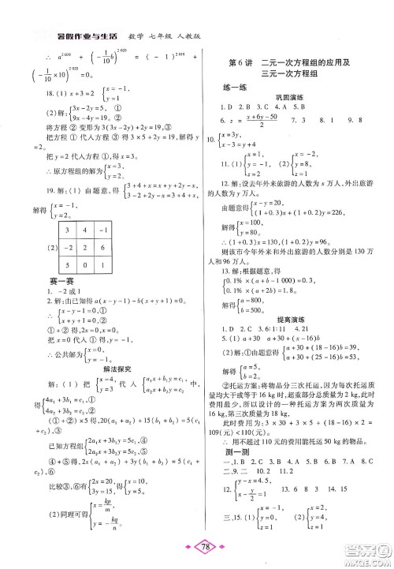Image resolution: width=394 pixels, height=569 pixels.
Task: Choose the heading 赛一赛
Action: [x=45, y=311]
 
